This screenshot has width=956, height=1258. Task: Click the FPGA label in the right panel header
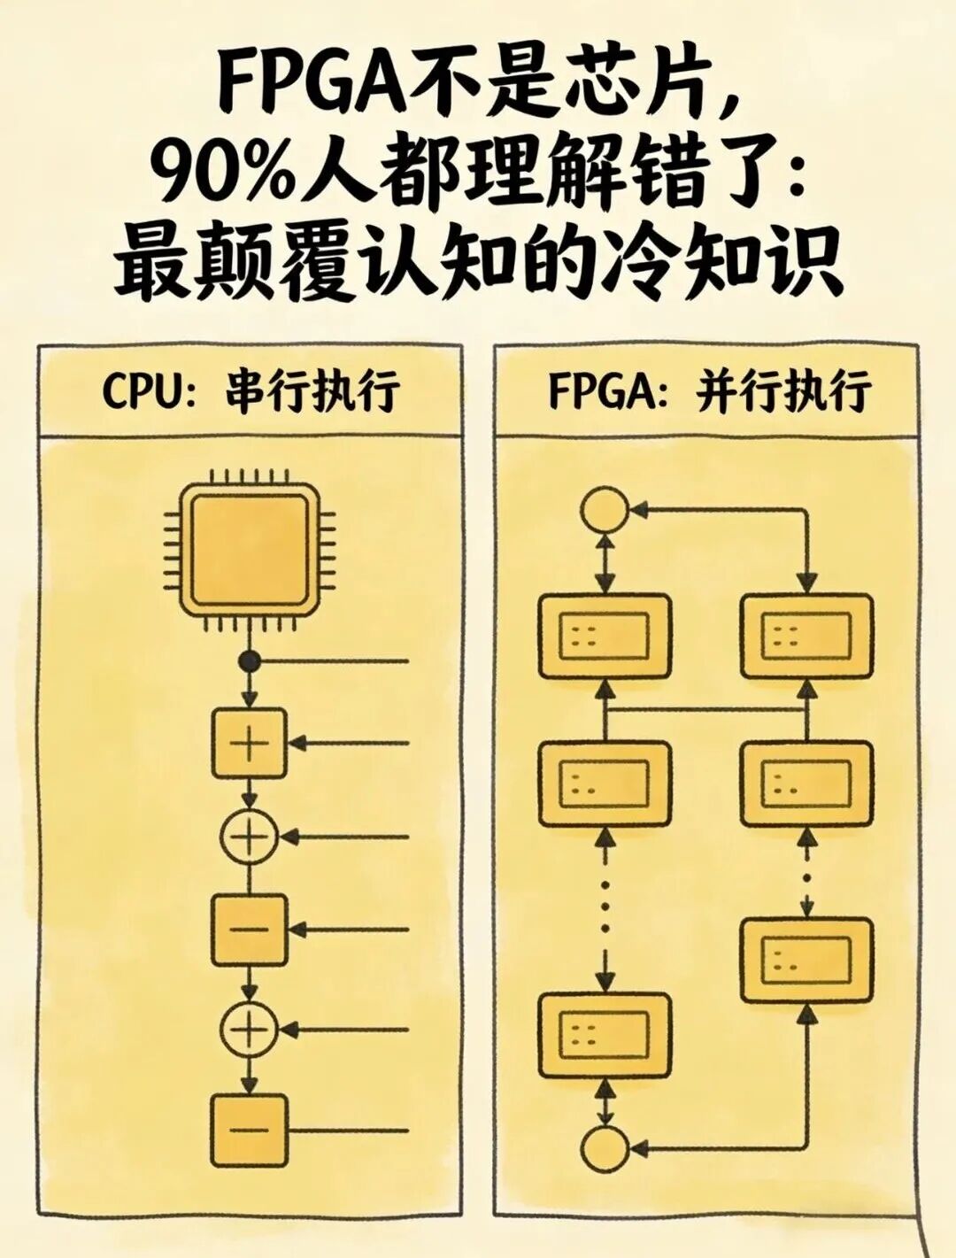(606, 390)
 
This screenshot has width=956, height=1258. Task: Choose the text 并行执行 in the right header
(784, 390)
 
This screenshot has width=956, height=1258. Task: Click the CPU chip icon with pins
(250, 550)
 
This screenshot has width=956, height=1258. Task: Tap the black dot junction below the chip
(250, 660)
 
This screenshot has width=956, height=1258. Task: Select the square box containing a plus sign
(250, 744)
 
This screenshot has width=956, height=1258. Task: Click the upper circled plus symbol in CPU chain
(250, 836)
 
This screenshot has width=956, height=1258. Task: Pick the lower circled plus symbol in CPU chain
(250, 1029)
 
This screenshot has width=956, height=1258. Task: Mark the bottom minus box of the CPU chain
(250, 1131)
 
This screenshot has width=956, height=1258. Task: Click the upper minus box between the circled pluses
(250, 930)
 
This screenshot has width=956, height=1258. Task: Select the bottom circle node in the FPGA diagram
(605, 1149)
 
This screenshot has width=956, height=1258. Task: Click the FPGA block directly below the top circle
(605, 637)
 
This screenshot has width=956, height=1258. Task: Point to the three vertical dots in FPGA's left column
(605, 906)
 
